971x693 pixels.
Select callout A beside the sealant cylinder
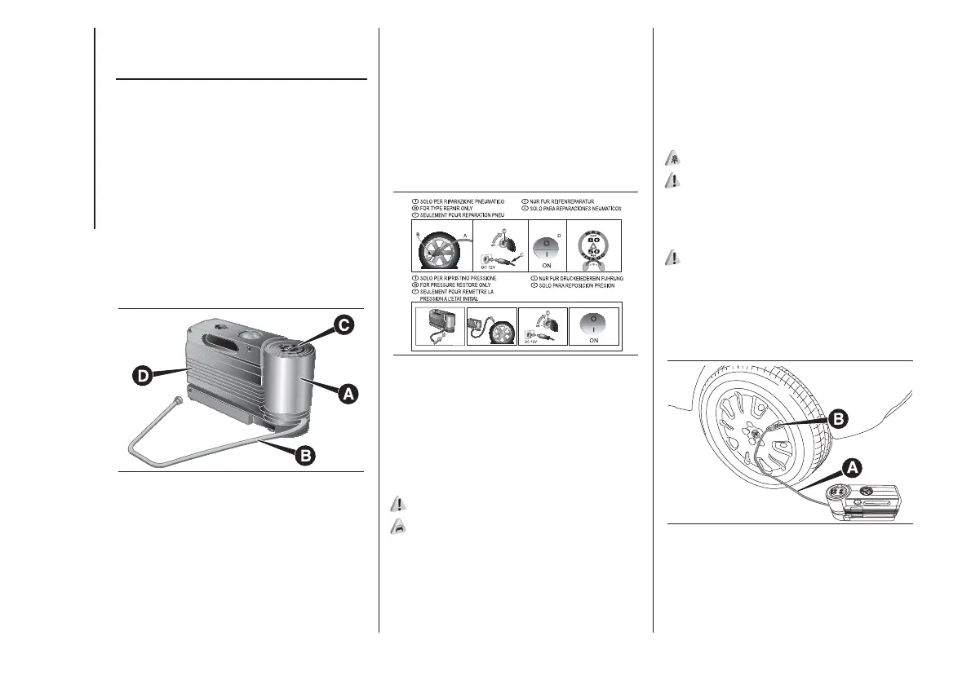coord(348,394)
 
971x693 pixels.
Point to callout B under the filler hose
coord(304,456)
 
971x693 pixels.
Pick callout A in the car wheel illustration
coord(850,467)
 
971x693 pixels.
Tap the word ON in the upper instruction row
coord(545,265)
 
